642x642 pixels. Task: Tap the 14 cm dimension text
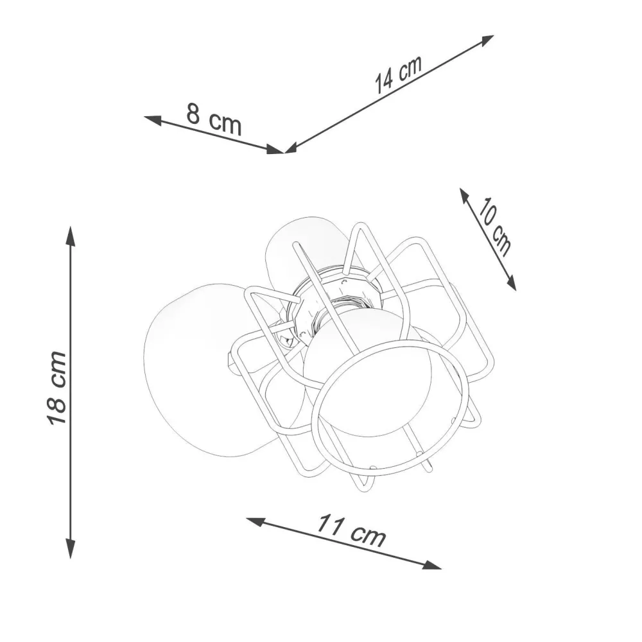coord(398,74)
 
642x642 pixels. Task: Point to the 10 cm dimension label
coord(495,227)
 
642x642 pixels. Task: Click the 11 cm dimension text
coord(351,531)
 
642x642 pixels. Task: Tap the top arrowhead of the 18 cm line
coord(71,236)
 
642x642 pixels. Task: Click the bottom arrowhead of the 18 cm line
coord(71,548)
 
